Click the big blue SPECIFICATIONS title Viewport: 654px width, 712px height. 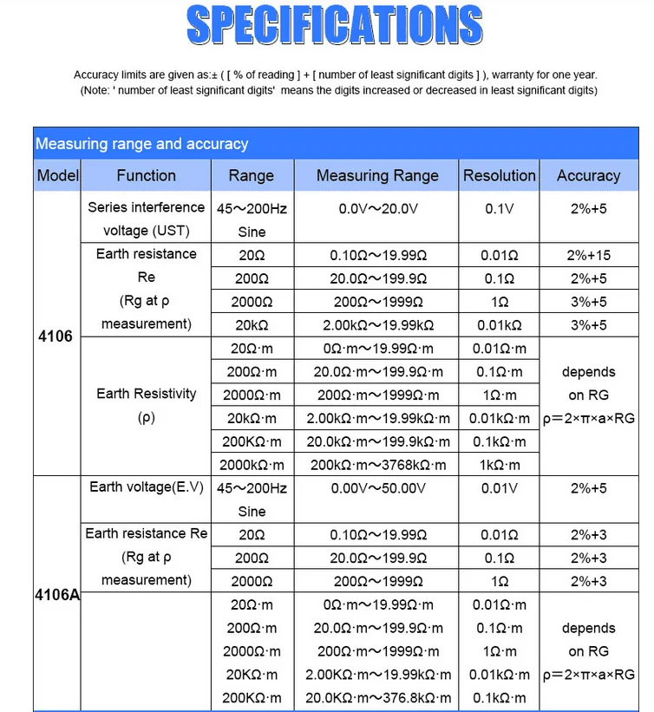tap(334, 26)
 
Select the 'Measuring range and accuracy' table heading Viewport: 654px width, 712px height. tap(141, 144)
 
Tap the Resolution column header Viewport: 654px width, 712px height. tap(499, 175)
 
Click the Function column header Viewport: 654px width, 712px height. tap(146, 175)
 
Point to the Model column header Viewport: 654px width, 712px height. tap(58, 175)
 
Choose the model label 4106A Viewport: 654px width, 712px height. tap(57, 596)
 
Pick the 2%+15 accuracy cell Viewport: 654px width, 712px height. tap(588, 255)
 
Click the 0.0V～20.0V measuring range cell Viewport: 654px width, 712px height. tap(377, 209)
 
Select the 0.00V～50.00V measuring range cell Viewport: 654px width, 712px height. tap(378, 488)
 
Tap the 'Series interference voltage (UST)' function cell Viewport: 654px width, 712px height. tap(146, 219)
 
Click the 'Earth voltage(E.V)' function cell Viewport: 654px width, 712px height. tap(146, 487)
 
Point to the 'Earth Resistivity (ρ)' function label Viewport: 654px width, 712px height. tap(146, 405)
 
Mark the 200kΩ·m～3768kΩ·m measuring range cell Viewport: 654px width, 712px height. tap(377, 465)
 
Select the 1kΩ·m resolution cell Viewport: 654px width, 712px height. tap(499, 465)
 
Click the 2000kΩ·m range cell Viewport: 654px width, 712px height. tap(252, 465)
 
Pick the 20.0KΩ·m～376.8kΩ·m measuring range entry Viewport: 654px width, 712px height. tap(377, 698)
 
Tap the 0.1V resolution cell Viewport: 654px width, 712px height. tap(499, 209)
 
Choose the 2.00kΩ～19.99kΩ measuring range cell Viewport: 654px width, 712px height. tap(377, 325)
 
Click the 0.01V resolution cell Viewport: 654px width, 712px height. tap(499, 488)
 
